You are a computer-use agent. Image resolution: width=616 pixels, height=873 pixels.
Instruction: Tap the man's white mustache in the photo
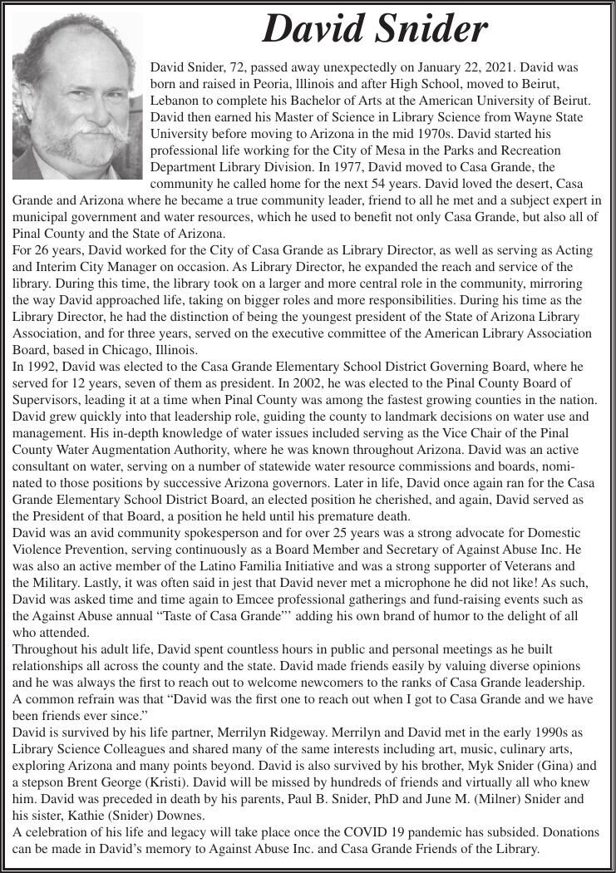[x=77, y=133]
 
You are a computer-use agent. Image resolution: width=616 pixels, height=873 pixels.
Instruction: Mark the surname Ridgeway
[x=268, y=732]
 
